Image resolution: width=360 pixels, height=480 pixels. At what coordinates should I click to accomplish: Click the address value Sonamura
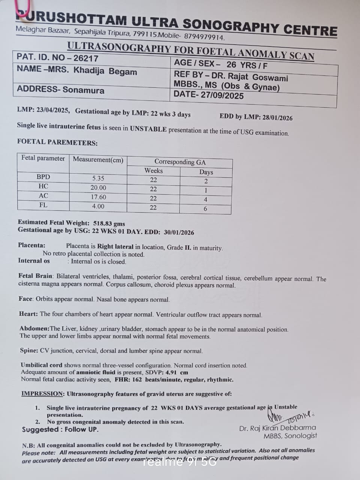(84, 90)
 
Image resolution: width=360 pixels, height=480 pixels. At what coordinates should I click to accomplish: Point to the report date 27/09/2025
(222, 95)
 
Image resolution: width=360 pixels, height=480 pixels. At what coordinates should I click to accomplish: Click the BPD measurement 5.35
(98, 178)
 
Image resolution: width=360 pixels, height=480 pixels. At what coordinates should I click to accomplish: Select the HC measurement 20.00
(98, 187)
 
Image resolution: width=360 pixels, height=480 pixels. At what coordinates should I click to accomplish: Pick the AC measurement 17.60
(98, 197)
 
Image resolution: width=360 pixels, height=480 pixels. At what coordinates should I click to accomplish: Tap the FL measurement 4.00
(98, 206)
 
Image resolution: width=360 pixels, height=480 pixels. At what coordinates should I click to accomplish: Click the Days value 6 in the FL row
(205, 208)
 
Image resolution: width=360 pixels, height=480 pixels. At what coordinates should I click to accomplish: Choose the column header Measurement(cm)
(98, 160)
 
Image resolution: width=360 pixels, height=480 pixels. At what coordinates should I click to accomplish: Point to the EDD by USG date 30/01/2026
(179, 232)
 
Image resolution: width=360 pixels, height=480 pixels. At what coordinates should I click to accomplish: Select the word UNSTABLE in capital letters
(148, 129)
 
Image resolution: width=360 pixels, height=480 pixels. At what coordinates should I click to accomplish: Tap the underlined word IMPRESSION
(42, 394)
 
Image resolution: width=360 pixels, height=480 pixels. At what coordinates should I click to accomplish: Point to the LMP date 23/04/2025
(53, 110)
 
